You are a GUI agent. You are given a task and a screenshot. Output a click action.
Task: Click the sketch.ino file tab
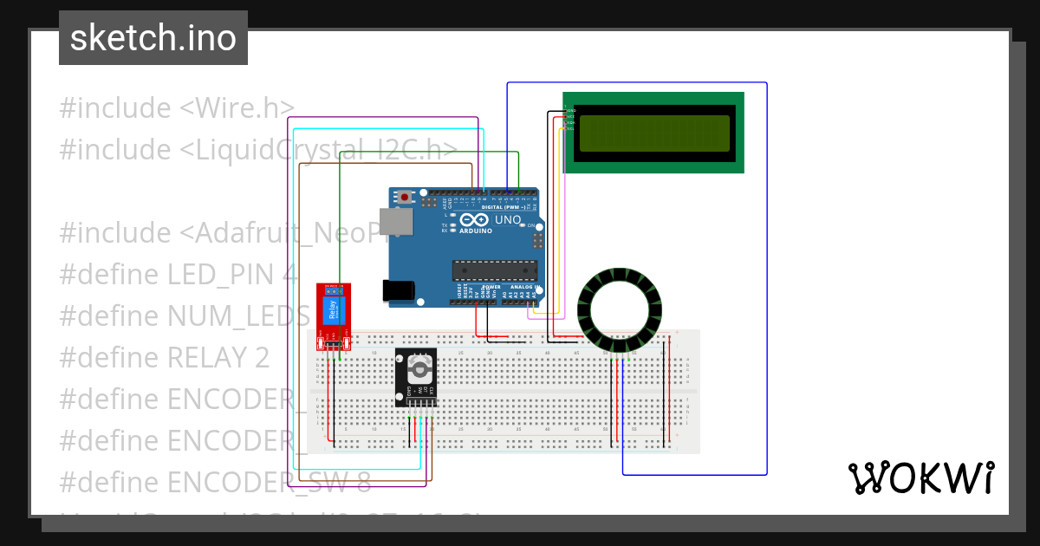pyautogui.click(x=153, y=38)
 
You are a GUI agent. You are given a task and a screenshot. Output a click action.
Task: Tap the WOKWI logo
pyautogui.click(x=921, y=478)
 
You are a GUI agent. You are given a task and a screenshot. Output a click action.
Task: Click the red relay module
pyautogui.click(x=333, y=317)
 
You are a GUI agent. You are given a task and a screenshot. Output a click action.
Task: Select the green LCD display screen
pyautogui.click(x=653, y=133)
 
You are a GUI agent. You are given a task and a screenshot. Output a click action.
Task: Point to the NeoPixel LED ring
pyautogui.click(x=620, y=313)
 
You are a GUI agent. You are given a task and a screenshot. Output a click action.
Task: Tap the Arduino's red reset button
pyautogui.click(x=404, y=198)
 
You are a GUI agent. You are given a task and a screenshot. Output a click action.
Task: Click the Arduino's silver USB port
pyautogui.click(x=396, y=222)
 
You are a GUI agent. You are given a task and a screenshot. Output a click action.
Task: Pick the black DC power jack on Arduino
pyautogui.click(x=399, y=289)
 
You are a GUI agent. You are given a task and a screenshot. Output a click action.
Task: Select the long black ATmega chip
pyautogui.click(x=494, y=270)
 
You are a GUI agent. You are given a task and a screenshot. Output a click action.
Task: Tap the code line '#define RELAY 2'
pyautogui.click(x=165, y=357)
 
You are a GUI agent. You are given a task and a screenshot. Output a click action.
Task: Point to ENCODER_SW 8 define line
pyautogui.click(x=216, y=482)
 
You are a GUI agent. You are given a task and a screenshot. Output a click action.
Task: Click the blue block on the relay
pyautogui.click(x=331, y=310)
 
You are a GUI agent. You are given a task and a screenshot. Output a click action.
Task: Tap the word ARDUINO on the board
pyautogui.click(x=477, y=231)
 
